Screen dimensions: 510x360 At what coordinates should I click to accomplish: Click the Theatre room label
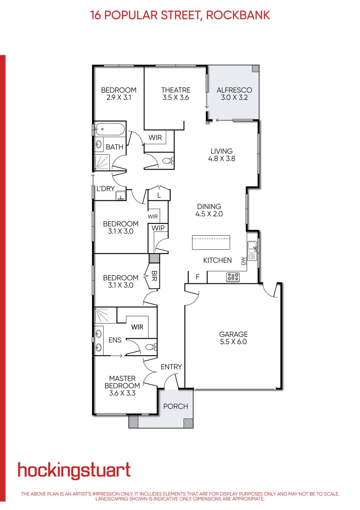(x=176, y=90)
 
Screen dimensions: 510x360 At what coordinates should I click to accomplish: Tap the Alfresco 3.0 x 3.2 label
(x=234, y=93)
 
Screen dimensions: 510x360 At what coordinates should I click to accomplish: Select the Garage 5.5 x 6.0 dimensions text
(x=233, y=342)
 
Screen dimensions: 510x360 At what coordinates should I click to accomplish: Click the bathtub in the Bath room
(x=110, y=128)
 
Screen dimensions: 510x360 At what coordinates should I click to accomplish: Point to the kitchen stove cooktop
(x=233, y=277)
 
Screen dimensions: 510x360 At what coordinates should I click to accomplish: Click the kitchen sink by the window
(x=252, y=251)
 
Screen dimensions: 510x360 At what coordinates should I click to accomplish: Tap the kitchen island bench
(x=211, y=243)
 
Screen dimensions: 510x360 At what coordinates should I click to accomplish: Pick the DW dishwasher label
(x=243, y=261)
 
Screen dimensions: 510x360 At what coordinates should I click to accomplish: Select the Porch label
(x=176, y=406)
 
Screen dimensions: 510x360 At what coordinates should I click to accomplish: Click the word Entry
(x=171, y=367)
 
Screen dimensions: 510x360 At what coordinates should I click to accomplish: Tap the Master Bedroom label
(x=122, y=385)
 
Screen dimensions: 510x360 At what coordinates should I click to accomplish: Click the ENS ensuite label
(x=115, y=340)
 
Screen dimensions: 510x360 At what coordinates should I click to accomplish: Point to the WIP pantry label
(x=157, y=228)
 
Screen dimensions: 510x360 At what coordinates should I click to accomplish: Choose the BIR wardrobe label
(x=154, y=278)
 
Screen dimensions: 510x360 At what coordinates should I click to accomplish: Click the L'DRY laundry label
(x=106, y=189)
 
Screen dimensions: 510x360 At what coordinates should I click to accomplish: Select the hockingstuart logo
(x=74, y=470)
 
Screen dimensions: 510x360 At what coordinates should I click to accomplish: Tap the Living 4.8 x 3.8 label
(x=221, y=155)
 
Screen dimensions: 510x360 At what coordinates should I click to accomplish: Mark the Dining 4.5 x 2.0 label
(x=209, y=210)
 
